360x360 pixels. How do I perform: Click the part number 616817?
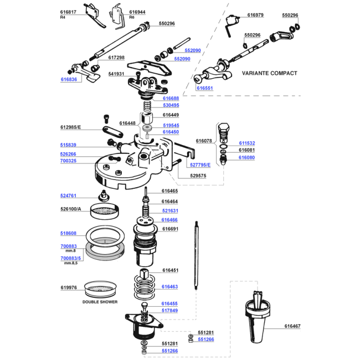68,12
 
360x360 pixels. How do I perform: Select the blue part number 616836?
69,79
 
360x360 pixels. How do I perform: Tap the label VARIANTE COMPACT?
270,73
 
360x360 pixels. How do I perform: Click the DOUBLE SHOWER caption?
100,302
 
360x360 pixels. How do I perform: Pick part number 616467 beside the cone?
292,326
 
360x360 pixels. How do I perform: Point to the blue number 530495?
171,105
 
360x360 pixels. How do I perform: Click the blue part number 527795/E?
200,165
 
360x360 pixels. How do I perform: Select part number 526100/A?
71,209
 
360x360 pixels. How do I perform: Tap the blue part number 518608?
68,233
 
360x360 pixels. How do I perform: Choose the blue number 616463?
169,286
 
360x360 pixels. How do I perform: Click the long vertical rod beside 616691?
196,255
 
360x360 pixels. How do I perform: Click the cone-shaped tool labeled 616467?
258,317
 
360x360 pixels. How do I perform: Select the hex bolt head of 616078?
223,127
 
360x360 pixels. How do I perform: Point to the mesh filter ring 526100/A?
105,210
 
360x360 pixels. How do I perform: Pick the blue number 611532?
247,143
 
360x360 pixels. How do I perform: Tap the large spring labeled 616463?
144,287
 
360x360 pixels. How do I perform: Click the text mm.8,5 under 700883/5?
71,263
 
